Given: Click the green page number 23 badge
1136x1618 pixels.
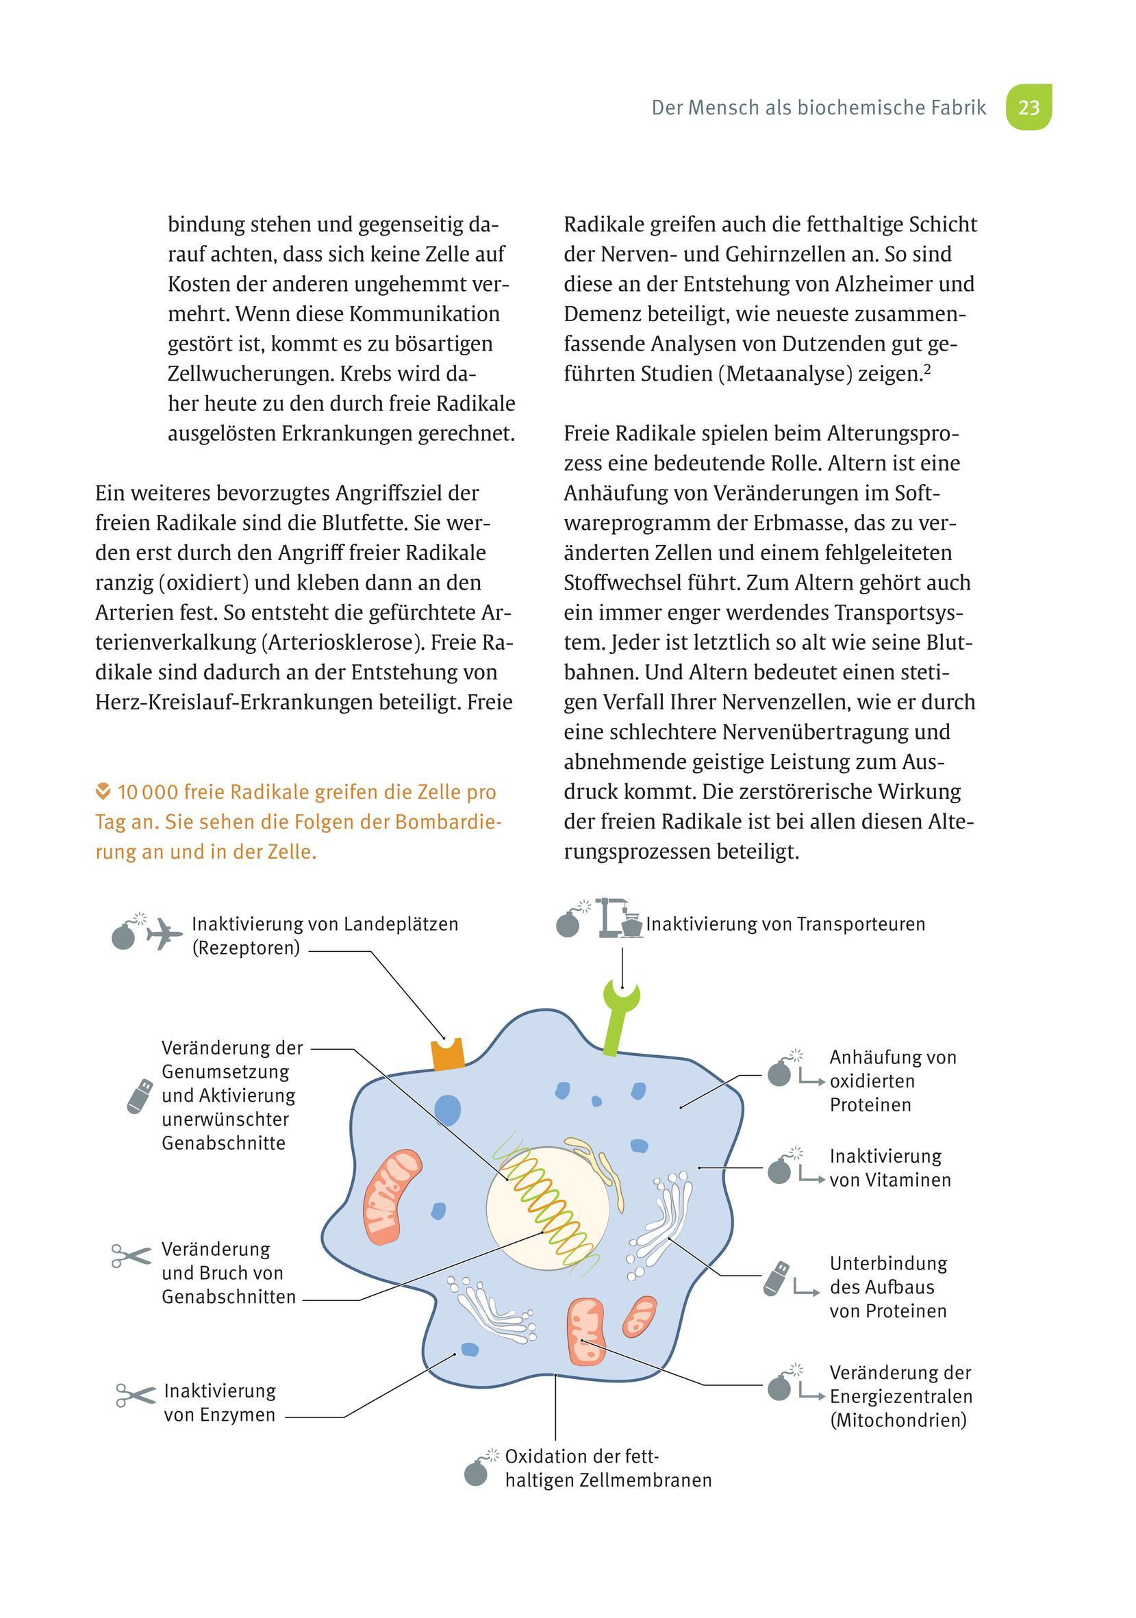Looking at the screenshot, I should (1028, 107).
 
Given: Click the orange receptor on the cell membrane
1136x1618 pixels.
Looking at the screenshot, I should (449, 1054).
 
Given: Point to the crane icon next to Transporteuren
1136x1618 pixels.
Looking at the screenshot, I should (618, 918).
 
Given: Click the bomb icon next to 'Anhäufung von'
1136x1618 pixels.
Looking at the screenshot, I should (779, 1073).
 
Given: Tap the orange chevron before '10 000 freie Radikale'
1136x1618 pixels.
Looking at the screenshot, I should (103, 792).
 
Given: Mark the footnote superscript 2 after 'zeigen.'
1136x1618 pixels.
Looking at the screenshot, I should (927, 367).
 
